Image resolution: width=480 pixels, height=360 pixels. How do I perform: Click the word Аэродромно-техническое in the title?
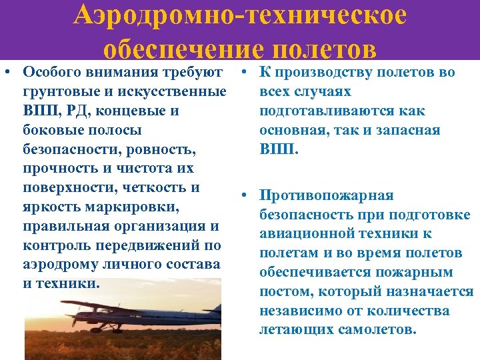click(x=240, y=16)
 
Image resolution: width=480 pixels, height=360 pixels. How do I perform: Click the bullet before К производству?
click(x=245, y=72)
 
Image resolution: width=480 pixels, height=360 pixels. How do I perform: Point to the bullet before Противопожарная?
click(x=245, y=195)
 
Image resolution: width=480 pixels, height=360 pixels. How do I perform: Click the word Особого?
click(x=50, y=72)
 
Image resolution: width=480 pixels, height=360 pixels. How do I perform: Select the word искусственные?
click(x=173, y=91)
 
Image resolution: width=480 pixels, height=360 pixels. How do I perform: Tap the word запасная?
click(x=407, y=130)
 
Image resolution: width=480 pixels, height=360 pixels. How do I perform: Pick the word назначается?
click(x=433, y=291)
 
